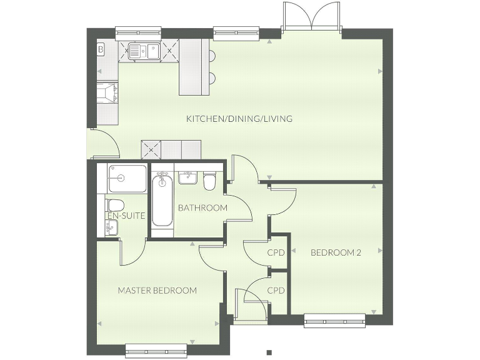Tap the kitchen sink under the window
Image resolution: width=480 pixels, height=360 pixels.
tap(143, 50)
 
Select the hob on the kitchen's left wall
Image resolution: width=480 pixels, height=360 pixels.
tap(107, 93)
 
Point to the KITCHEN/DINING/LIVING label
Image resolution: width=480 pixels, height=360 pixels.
tap(239, 118)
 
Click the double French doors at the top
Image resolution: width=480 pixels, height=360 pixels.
tap(311, 17)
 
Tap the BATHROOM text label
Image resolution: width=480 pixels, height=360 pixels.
tap(202, 207)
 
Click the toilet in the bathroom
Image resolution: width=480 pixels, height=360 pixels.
tap(210, 181)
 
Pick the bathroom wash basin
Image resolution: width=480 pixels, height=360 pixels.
tap(186, 178)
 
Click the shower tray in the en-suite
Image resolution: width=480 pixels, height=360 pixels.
tap(127, 178)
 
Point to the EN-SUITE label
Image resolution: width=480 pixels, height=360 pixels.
tap(126, 216)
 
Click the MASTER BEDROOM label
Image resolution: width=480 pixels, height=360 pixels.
tap(157, 291)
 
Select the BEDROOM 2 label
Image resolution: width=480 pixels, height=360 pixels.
tap(336, 252)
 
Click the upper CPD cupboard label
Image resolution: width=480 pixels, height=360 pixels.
tap(276, 253)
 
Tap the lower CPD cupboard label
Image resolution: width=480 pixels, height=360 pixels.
tap(276, 291)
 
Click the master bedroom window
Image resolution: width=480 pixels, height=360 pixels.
tap(156, 351)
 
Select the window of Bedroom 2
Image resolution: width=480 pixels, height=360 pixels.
tap(335, 322)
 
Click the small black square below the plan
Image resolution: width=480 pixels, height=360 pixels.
tap(269, 352)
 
